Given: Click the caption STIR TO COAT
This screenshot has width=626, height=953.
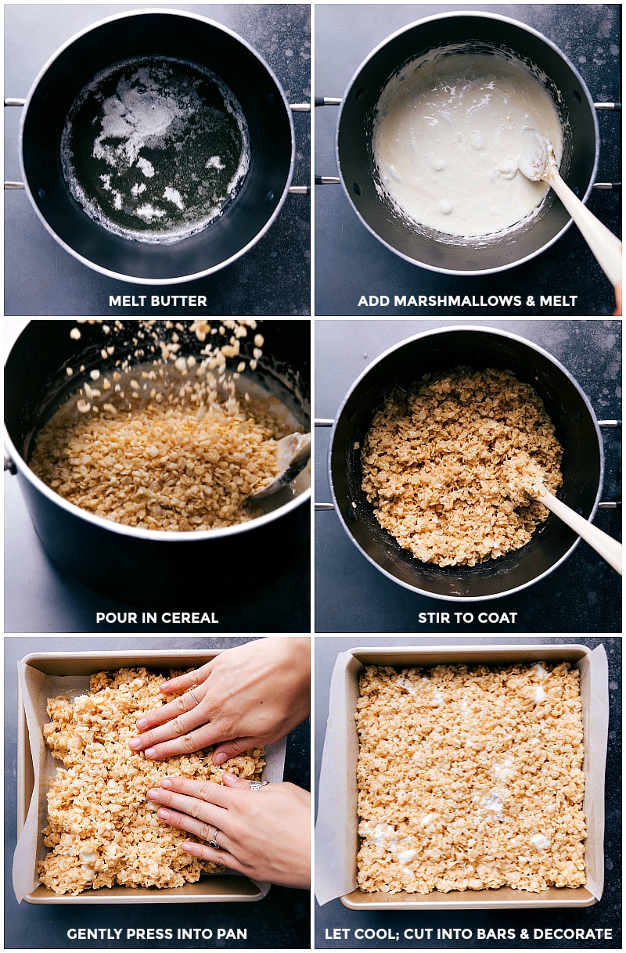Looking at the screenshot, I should click(x=467, y=618).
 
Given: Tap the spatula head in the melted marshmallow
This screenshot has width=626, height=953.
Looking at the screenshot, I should click(x=536, y=154).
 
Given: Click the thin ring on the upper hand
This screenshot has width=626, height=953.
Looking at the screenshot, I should click(x=192, y=695).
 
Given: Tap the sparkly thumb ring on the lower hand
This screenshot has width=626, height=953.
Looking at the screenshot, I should click(x=257, y=785).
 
